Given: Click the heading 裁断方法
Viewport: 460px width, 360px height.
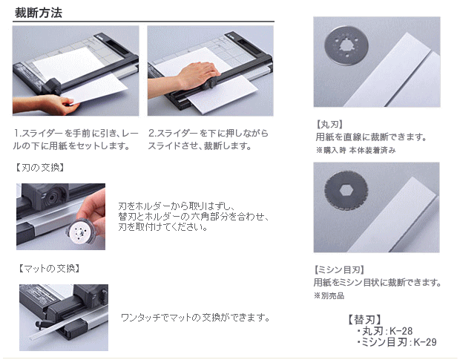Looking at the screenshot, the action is (39, 13).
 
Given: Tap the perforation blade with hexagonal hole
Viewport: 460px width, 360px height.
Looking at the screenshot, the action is (346, 191).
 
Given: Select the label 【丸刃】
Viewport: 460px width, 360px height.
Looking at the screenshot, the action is (329, 125).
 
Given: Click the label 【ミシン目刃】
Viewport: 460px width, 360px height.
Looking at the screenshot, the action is (339, 269).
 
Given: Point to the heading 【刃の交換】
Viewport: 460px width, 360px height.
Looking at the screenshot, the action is (39, 168).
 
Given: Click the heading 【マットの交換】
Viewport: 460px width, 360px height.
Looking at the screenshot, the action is (49, 268).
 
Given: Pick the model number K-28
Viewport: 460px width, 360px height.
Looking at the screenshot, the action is (401, 331).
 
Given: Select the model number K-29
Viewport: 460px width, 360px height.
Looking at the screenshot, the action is (425, 342).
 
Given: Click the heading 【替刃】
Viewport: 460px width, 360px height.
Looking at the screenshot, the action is (364, 319).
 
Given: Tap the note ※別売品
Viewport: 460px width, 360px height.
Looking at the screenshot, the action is (329, 295).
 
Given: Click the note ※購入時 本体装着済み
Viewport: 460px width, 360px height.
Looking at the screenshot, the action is (356, 150).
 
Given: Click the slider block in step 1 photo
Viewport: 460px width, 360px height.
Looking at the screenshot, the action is (53, 86).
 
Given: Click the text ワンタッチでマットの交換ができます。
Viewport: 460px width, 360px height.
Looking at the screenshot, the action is (195, 318).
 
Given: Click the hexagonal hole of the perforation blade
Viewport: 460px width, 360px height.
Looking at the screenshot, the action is (346, 191).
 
